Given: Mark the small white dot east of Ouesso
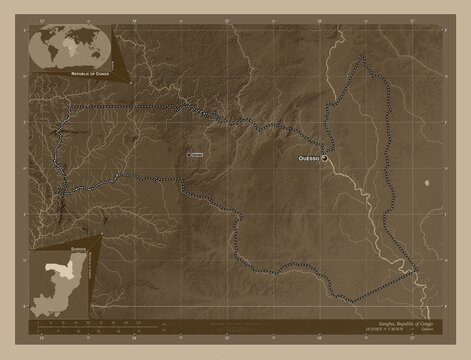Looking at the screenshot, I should (428, 183).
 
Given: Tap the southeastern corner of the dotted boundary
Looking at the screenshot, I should (416, 268).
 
